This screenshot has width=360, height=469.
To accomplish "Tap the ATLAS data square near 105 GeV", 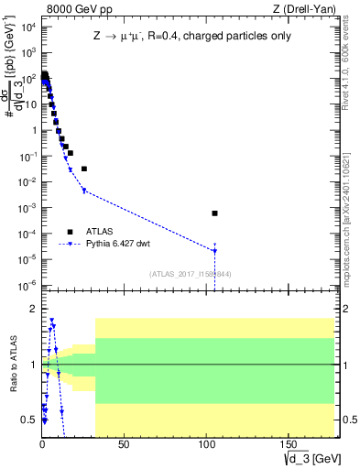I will point(214,213).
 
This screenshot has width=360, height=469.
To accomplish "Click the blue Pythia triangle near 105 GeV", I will point(214,250).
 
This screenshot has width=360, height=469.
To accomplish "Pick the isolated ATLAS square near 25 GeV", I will point(84,169).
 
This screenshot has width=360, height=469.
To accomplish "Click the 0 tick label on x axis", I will point(42,445).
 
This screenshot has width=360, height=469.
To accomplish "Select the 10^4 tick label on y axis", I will point(27,27).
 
